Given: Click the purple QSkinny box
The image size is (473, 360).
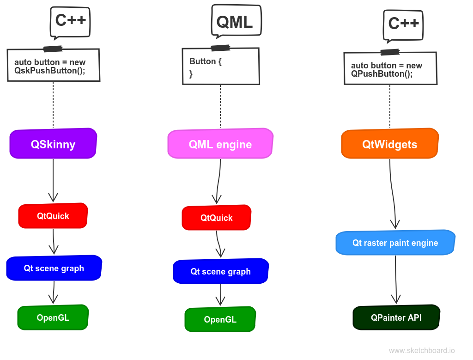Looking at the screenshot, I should (x=53, y=144).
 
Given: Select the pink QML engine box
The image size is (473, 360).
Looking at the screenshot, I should (x=220, y=144).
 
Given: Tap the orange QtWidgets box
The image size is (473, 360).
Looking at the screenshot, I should (x=389, y=144).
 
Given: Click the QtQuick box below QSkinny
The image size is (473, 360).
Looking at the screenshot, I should (x=53, y=216).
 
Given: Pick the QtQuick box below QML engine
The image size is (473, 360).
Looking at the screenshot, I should (x=216, y=218).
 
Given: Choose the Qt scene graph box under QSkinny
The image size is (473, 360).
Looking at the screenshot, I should (x=54, y=268).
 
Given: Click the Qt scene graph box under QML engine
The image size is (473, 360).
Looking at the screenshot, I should (x=220, y=271).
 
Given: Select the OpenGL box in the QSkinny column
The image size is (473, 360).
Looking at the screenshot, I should (x=53, y=317).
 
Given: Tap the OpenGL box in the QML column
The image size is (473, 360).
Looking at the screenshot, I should (x=220, y=319).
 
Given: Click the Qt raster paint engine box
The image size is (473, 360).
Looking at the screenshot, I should (x=395, y=243).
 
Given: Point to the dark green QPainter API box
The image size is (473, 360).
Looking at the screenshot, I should (x=396, y=317).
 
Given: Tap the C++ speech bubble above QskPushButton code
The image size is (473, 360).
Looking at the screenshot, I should (x=70, y=20).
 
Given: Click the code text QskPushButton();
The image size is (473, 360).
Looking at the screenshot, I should (x=50, y=70).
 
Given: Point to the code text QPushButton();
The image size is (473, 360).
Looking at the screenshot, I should (x=382, y=73).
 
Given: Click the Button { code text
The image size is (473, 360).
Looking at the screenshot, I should (x=205, y=61).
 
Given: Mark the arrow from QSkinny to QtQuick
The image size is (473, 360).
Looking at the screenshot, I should (x=53, y=180).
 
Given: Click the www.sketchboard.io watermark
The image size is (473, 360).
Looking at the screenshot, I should (x=422, y=351).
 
